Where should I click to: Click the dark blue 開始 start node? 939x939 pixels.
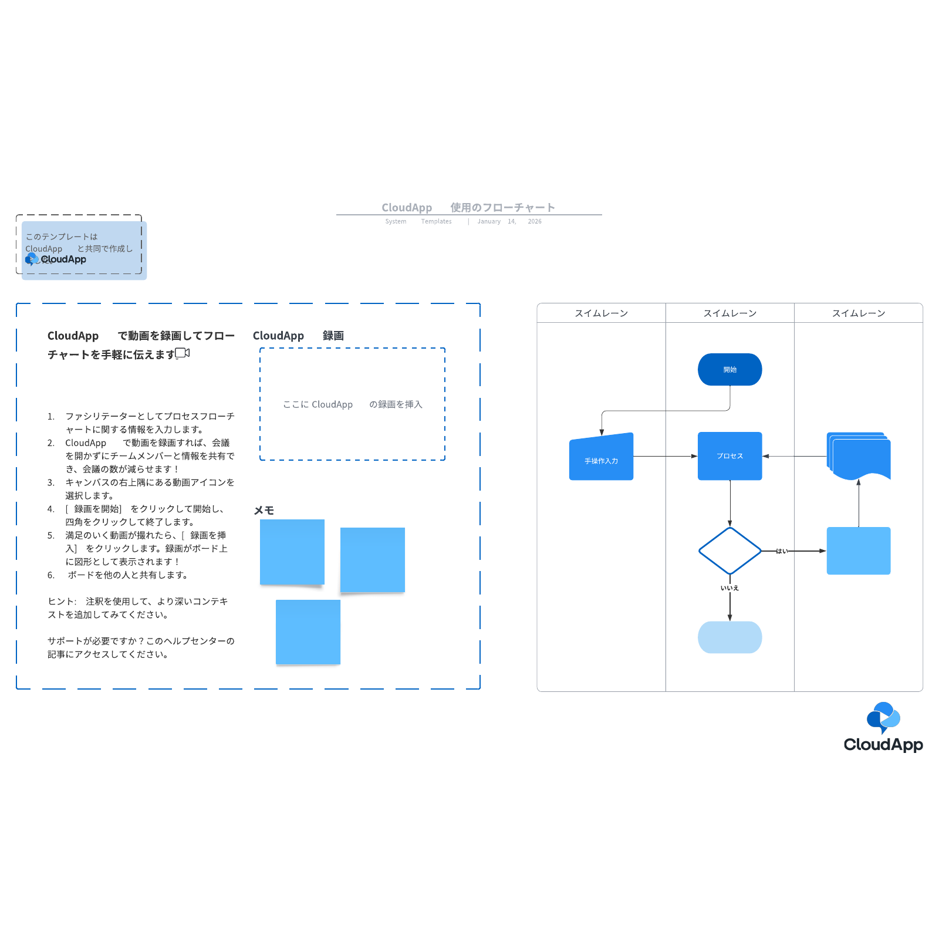729,369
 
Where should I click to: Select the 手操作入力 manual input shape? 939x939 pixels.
601,459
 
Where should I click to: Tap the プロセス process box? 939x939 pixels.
729,456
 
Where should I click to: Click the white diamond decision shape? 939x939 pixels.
729,550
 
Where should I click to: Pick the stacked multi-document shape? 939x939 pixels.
858,456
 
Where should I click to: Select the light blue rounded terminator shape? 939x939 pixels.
729,637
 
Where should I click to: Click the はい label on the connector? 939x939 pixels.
781,551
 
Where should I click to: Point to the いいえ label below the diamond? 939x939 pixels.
729,588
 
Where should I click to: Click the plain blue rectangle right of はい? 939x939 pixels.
858,550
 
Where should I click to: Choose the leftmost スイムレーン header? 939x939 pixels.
601,313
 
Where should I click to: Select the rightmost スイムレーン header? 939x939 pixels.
858,313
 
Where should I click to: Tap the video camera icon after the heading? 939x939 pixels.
183,353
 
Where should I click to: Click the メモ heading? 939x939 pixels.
264,510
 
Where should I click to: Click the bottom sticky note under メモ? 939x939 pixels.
308,631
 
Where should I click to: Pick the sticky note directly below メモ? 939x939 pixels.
292,552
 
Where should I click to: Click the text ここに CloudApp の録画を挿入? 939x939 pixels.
352,404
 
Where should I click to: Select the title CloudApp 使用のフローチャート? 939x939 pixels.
468,207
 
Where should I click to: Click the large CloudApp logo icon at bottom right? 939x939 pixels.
883,717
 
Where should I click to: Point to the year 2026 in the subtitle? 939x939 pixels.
534,221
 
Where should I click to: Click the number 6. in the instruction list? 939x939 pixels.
51,575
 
